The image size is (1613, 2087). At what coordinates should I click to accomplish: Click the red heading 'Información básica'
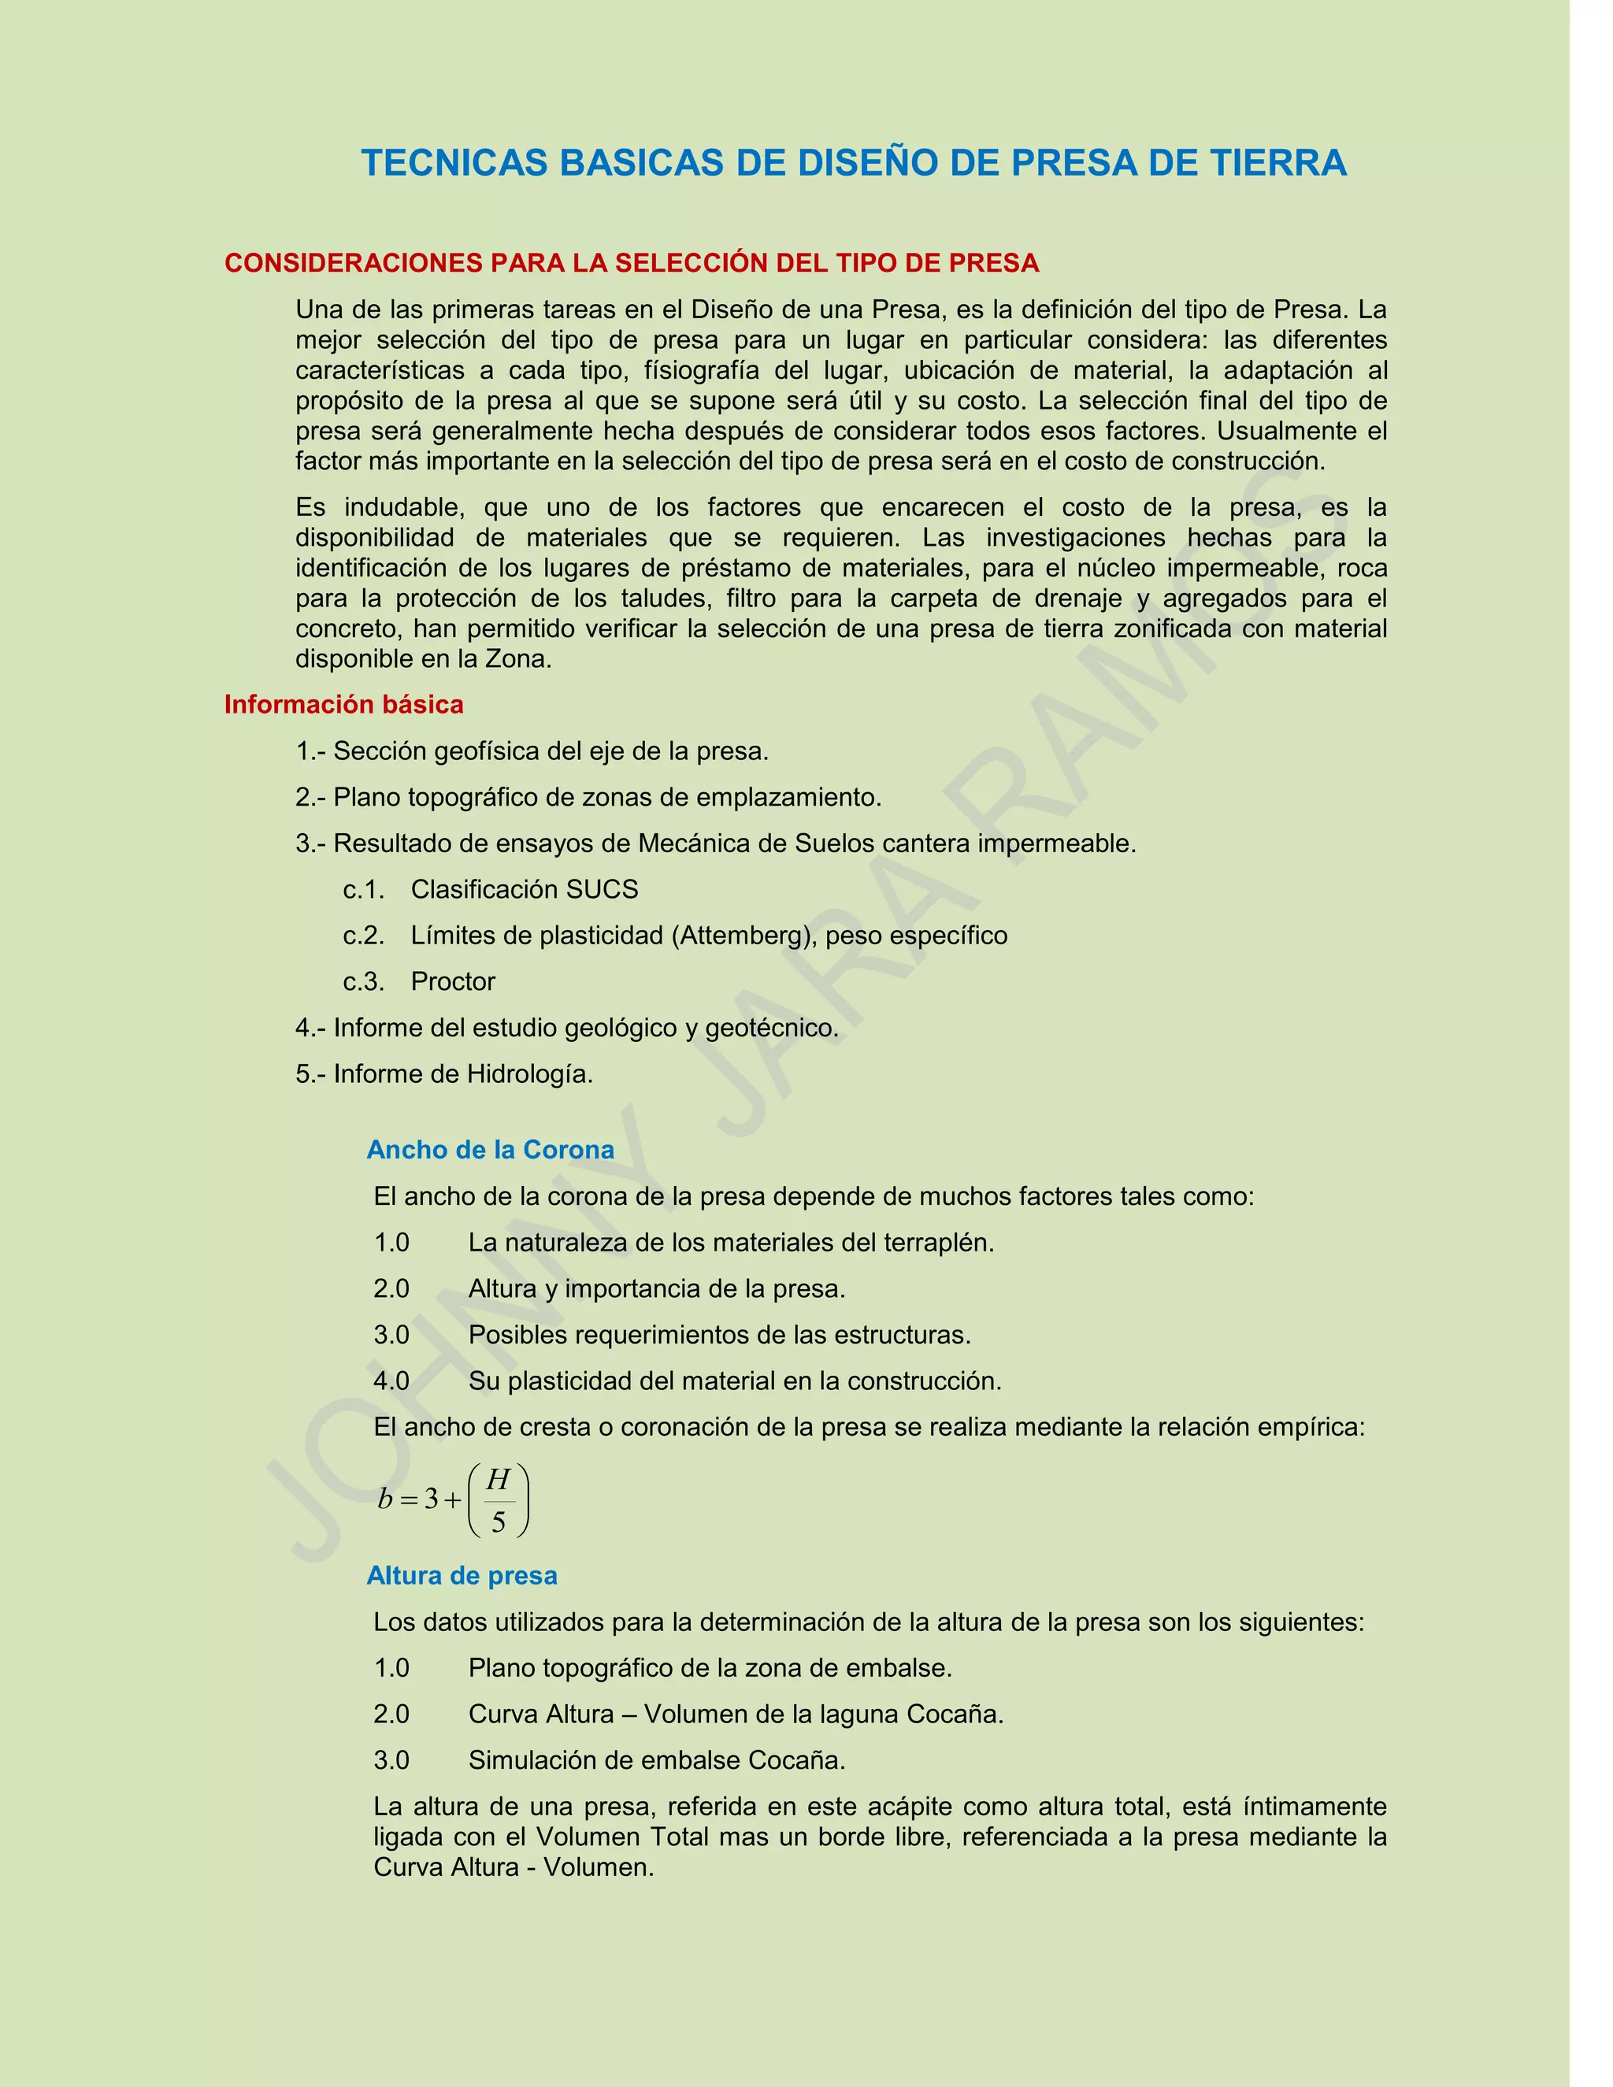344,704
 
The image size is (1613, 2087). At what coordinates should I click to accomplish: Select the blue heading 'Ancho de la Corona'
490,1150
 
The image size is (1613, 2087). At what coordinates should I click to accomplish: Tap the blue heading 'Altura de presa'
462,1576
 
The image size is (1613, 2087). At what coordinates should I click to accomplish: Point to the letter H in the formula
498,1481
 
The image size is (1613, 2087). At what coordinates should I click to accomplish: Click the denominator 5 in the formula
498,1522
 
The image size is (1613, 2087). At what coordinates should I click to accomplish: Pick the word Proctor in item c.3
453,981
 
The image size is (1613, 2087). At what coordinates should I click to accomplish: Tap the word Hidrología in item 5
529,1074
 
